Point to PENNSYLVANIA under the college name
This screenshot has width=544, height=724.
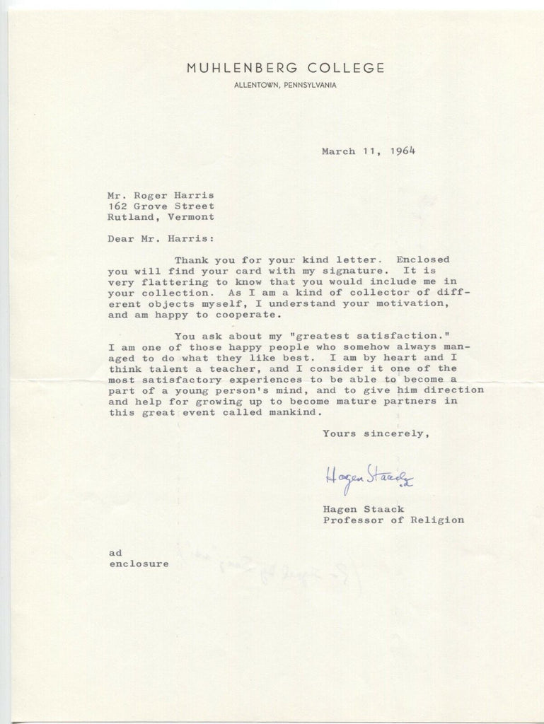[x=310, y=86]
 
